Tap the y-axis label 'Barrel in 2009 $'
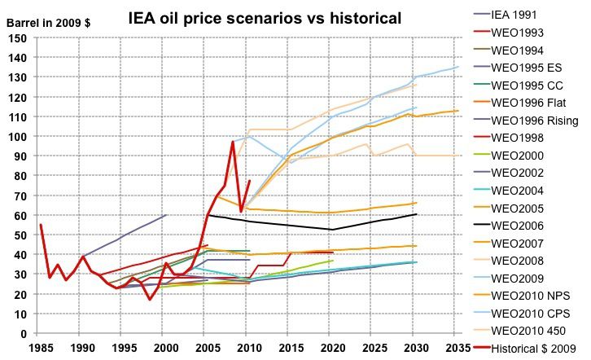[48, 24]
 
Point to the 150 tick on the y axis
[17, 39]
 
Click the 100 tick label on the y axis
[17, 137]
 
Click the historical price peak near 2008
[233, 142]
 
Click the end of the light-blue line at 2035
[458, 67]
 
